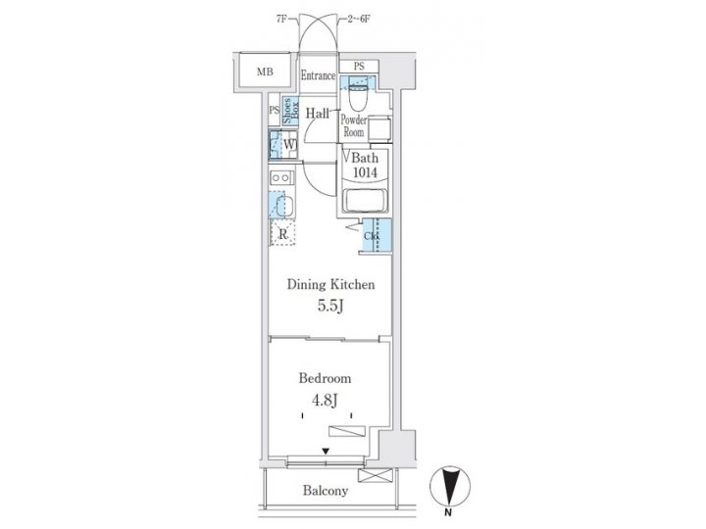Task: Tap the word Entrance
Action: coord(319,75)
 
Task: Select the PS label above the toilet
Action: coord(359,66)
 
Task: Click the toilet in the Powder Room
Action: coord(357,95)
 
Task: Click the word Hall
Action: coord(317,114)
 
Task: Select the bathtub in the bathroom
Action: coord(366,202)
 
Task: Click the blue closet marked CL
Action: coord(376,235)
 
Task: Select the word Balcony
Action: coord(325,491)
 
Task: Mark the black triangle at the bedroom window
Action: coord(326,451)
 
